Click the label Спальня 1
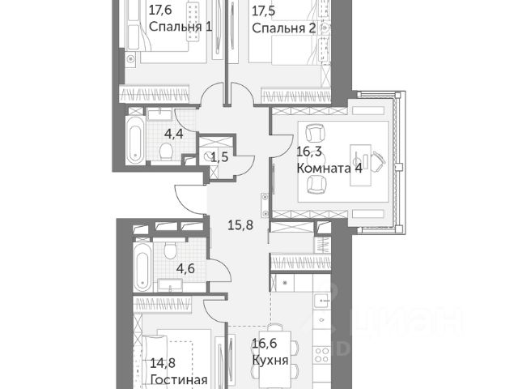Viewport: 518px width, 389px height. [180, 27]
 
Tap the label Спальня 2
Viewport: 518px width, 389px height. [284, 28]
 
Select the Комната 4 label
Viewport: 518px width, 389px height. [329, 168]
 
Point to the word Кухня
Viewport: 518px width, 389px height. [270, 360]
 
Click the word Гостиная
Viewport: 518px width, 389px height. [179, 379]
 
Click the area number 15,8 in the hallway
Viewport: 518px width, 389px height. [240, 225]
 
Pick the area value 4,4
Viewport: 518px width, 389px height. [174, 135]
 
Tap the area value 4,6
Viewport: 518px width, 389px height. [185, 268]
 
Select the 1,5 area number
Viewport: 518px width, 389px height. [219, 157]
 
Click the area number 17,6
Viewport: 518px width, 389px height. [160, 11]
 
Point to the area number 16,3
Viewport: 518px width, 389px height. [309, 152]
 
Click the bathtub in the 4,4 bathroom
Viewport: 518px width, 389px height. [135, 139]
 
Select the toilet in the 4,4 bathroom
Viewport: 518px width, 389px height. [165, 151]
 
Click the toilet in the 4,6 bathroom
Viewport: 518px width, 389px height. [170, 251]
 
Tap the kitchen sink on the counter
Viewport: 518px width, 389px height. [321, 301]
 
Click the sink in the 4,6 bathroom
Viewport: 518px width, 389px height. [170, 285]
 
